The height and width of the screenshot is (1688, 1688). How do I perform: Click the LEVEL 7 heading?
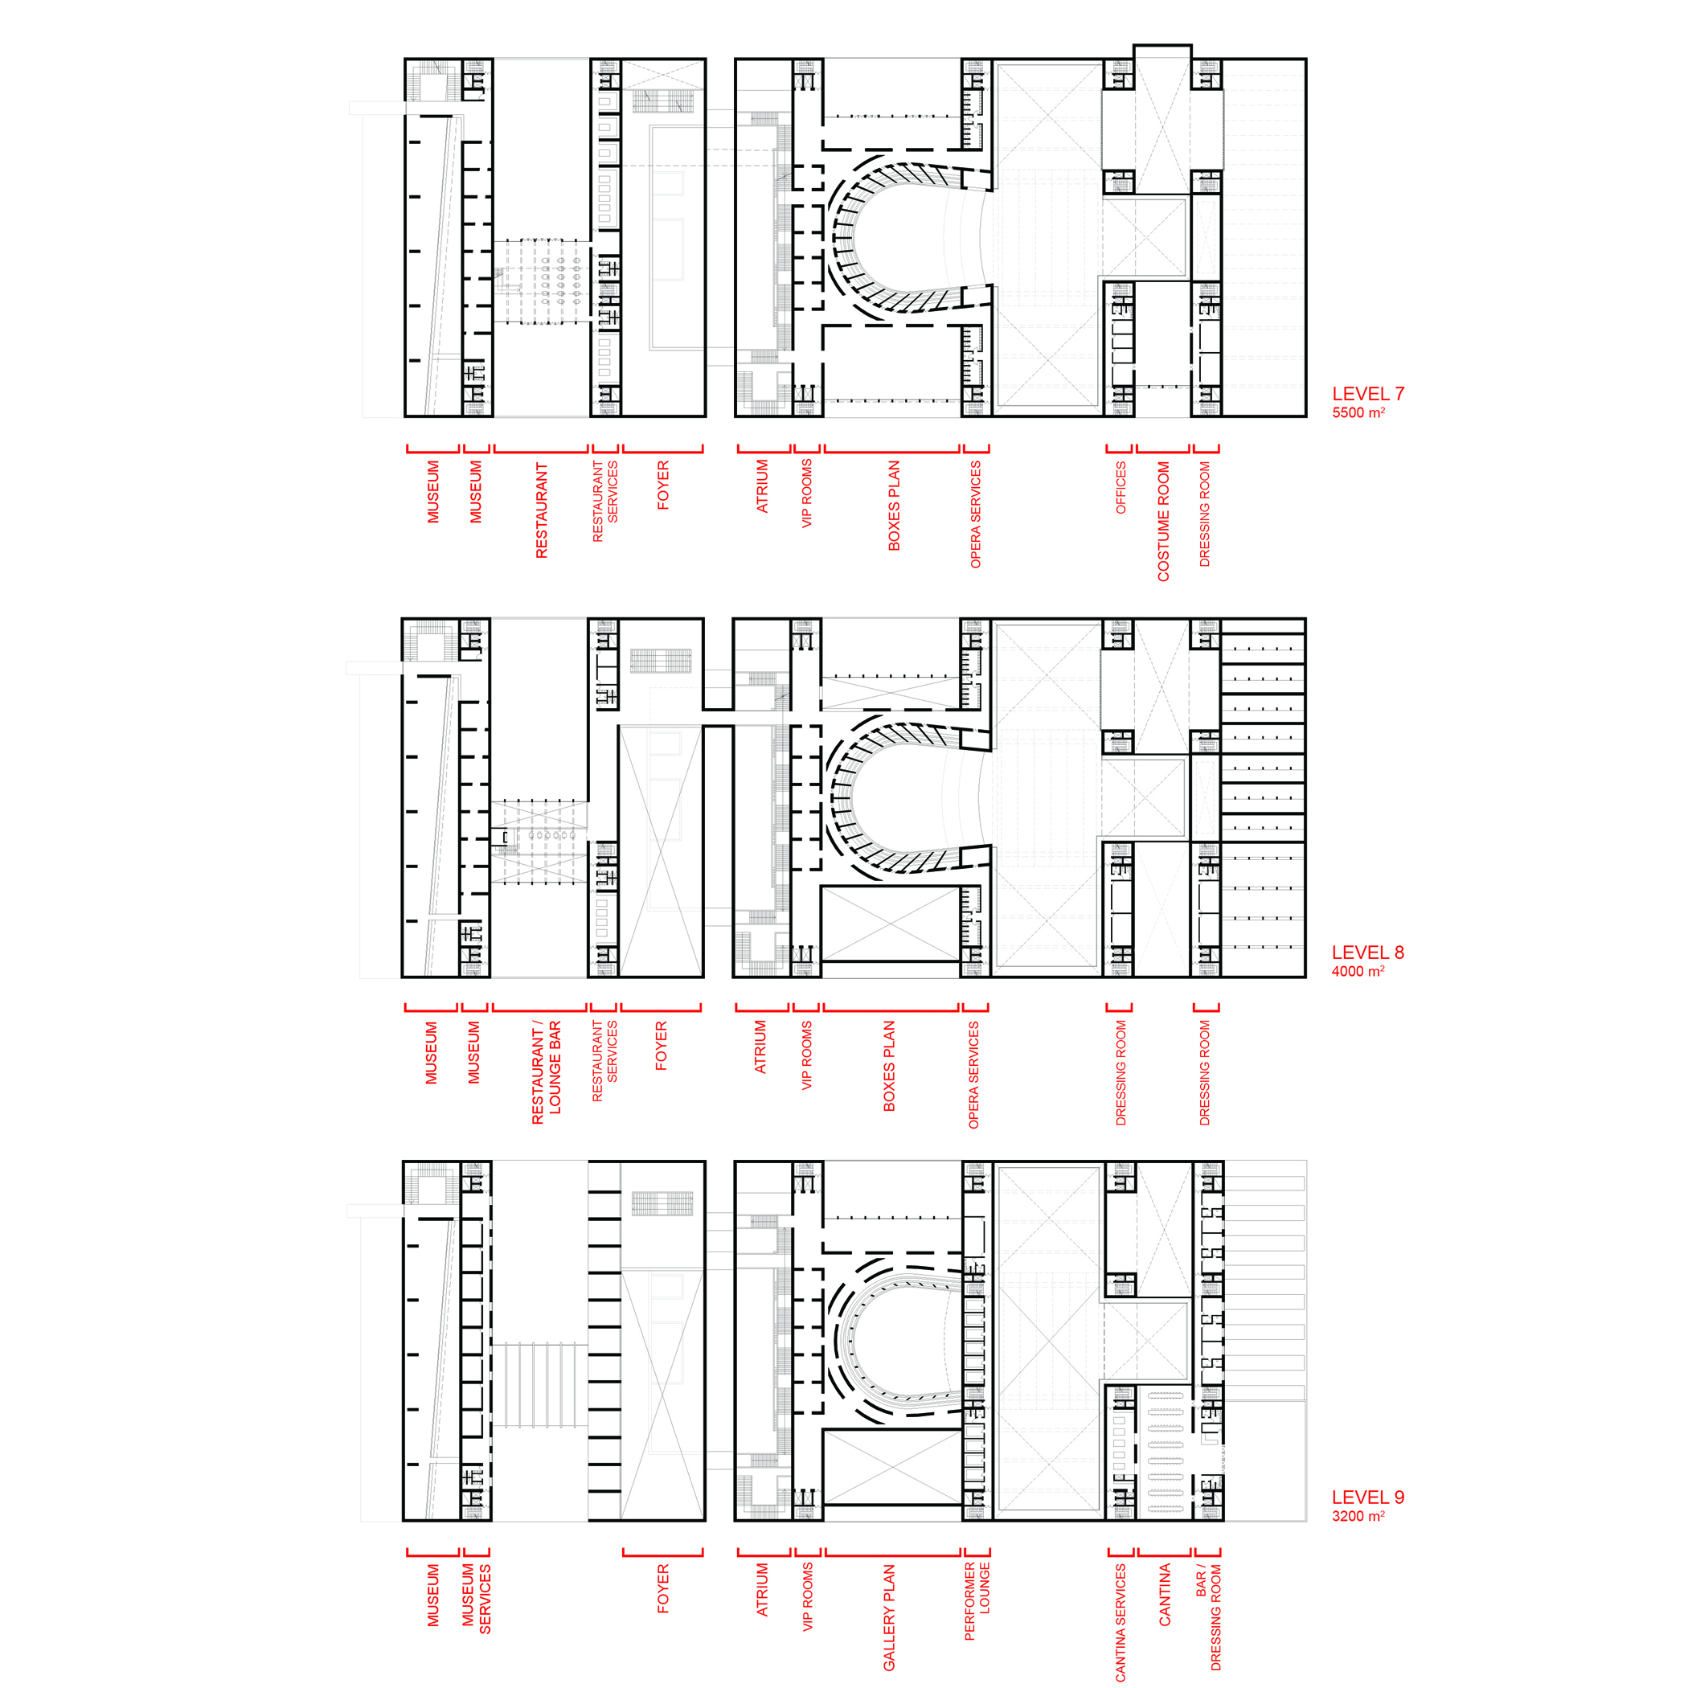[x=1367, y=394]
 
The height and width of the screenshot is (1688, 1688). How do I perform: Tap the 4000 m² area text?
[x=1358, y=972]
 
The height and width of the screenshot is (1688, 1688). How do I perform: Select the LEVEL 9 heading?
[x=1367, y=1497]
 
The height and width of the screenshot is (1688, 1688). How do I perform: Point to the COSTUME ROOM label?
[x=1163, y=522]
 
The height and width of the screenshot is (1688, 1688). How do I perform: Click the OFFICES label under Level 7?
[x=1121, y=488]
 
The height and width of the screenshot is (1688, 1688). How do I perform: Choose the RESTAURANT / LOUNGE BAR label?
[x=546, y=1072]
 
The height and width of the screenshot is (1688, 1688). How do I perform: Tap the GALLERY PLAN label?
[x=890, y=1617]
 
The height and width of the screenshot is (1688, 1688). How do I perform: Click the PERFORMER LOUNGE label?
[x=977, y=1601]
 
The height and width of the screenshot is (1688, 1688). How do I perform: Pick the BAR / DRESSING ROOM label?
[x=1208, y=1617]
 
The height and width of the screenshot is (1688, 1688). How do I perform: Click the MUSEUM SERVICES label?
[x=476, y=1599]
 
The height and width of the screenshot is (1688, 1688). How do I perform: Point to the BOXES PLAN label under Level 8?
[x=890, y=1066]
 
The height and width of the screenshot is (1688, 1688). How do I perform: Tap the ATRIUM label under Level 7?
[x=762, y=486]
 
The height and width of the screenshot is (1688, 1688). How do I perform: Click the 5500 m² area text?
[x=1358, y=413]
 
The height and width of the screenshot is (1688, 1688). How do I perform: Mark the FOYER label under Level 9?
[x=663, y=1588]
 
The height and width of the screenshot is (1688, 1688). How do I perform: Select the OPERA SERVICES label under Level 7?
[x=976, y=514]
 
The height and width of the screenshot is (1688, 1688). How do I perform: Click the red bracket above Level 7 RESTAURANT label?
[x=541, y=449]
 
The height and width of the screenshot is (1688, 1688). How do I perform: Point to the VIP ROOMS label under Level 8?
[x=806, y=1055]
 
